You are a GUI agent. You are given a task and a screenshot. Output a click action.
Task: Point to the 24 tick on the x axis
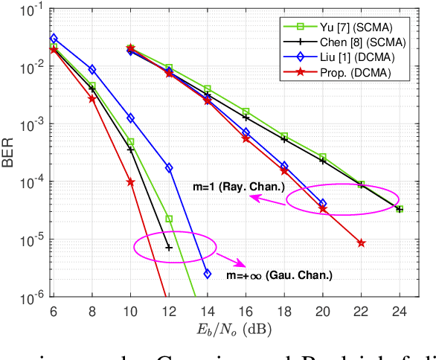[x=400, y=310]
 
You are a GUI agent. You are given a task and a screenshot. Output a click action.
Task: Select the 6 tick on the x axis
[x=54, y=310]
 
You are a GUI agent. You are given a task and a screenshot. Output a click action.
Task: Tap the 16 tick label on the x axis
[x=246, y=310]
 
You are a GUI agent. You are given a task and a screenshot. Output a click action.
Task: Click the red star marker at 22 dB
[x=361, y=242]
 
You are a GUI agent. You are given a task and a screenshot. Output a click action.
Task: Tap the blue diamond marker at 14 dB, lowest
[x=208, y=274]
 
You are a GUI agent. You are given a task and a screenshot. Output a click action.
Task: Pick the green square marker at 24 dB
[x=400, y=209]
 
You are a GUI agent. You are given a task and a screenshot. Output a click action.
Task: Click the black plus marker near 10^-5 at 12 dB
[x=169, y=248]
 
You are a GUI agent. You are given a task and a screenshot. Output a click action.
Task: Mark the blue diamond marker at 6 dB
[x=54, y=38]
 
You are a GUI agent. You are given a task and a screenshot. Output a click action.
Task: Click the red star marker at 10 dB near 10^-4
[x=130, y=182]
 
